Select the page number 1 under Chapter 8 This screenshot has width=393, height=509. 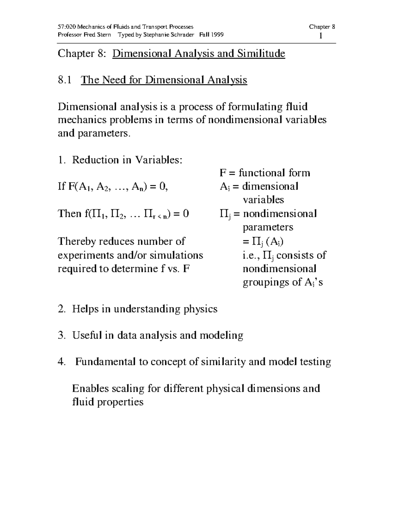coord(321,36)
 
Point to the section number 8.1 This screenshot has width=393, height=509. coord(65,80)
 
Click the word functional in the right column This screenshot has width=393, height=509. coord(262,173)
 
